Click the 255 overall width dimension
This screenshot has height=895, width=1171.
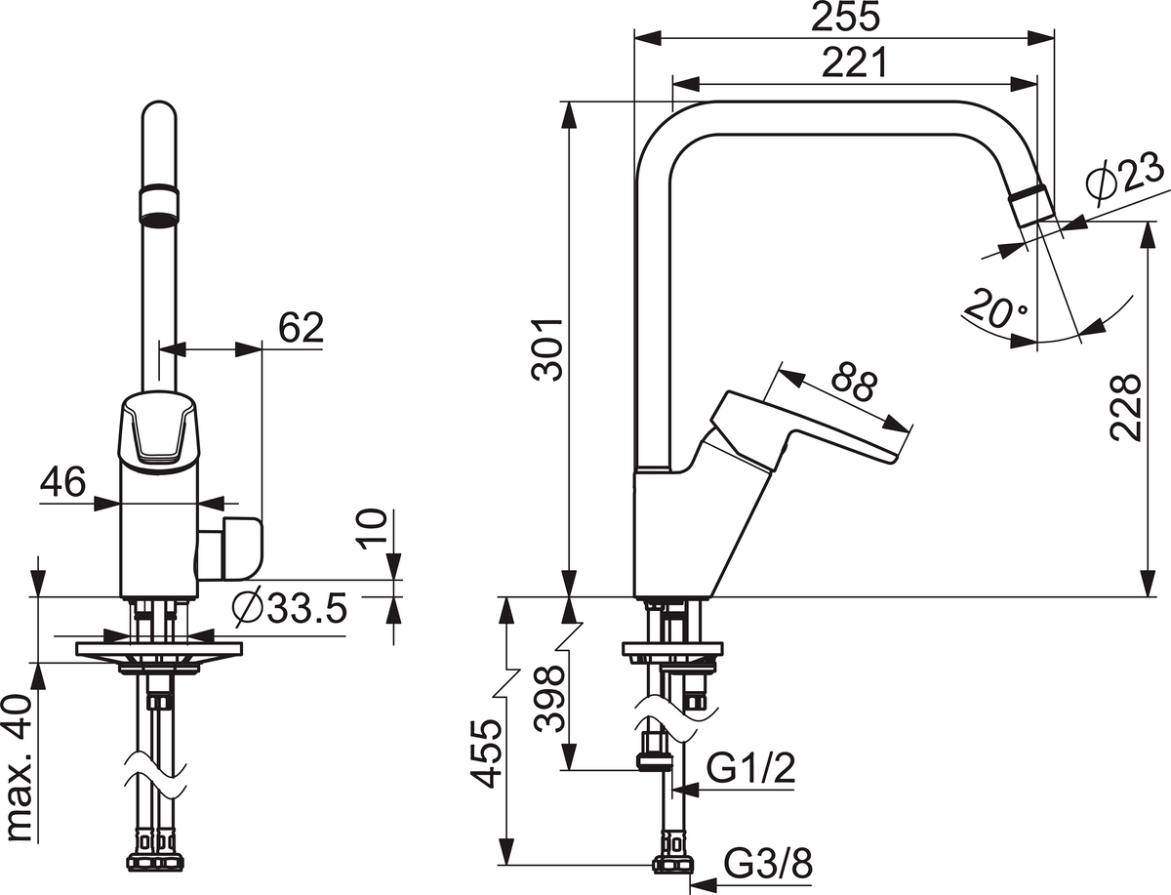click(844, 17)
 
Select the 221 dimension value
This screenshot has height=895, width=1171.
click(854, 62)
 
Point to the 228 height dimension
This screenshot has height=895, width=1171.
click(1124, 407)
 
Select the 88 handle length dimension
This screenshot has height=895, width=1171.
click(856, 385)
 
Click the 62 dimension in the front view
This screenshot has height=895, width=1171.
click(301, 328)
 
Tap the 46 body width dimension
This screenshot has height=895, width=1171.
click(63, 481)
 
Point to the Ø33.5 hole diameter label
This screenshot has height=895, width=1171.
click(290, 609)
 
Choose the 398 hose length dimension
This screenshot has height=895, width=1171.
click(548, 699)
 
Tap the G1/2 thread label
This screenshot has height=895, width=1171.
click(750, 769)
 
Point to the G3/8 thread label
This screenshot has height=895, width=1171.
click(768, 864)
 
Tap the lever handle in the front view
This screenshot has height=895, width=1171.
click(159, 429)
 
